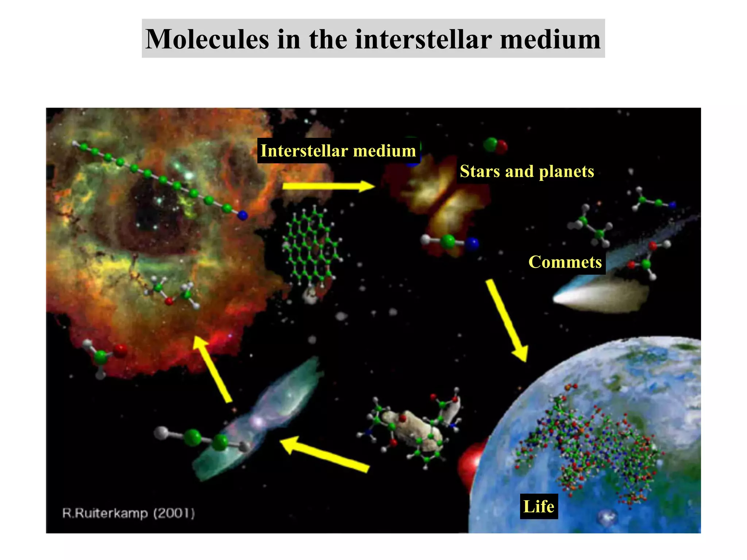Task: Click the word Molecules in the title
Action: pyautogui.click(x=207, y=39)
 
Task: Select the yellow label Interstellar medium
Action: pyautogui.click(x=338, y=151)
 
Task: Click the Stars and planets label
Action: pyautogui.click(x=527, y=171)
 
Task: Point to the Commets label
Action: pyautogui.click(x=565, y=262)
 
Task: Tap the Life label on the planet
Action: pyautogui.click(x=539, y=506)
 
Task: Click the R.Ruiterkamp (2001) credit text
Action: pyautogui.click(x=128, y=513)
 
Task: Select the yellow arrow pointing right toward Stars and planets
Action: pyautogui.click(x=328, y=186)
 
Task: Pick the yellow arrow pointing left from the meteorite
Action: pyautogui.click(x=325, y=454)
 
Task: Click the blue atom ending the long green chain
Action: pyautogui.click(x=243, y=216)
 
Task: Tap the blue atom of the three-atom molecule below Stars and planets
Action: pyautogui.click(x=472, y=244)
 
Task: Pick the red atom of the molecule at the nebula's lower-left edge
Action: pyautogui.click(x=120, y=351)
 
